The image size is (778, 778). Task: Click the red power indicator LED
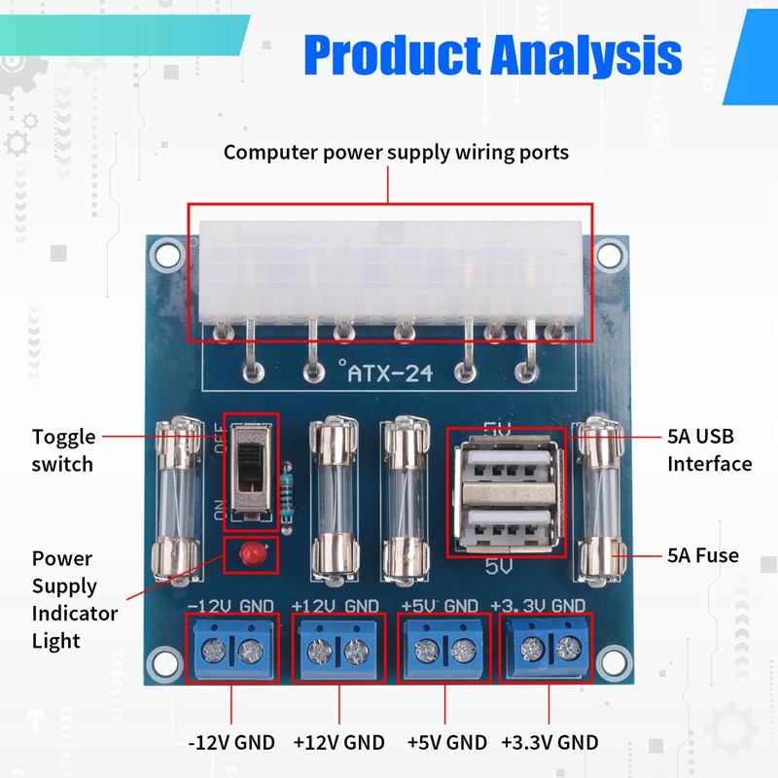pos(250,553)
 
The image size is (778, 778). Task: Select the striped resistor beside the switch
pos(287,497)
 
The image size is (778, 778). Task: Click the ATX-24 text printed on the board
pos(390,373)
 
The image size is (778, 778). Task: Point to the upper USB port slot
pos(509,467)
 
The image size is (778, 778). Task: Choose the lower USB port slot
pos(509,527)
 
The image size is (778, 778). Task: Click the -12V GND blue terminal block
pos(232,648)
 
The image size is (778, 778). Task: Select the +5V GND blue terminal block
pos(444,648)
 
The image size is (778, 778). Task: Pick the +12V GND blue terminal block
pos(338,648)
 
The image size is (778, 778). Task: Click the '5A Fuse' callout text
pos(702,555)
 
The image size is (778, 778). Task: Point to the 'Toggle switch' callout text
pos(63,450)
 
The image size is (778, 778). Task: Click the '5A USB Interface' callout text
pos(710,450)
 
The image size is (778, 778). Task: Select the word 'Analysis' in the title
pos(586,54)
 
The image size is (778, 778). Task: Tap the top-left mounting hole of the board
pos(167,254)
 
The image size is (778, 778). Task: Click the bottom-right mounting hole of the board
pos(613,663)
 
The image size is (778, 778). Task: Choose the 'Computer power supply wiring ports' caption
pos(396,153)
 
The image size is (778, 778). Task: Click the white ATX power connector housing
pos(391,274)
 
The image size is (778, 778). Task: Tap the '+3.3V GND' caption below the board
pos(549,743)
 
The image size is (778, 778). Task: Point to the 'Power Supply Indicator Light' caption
pos(75,599)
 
